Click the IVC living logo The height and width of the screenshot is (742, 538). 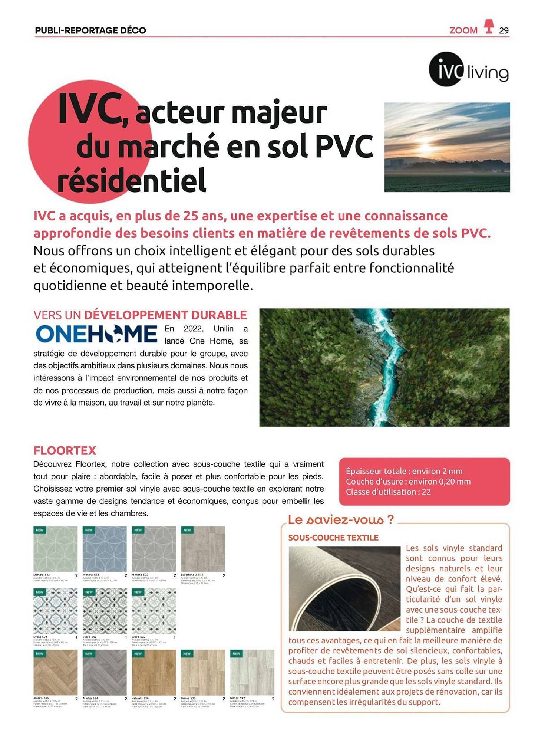(x=468, y=70)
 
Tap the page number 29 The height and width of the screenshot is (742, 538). (x=504, y=30)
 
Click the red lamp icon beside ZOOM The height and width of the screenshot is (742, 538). (x=489, y=26)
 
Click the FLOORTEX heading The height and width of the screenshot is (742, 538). (x=65, y=450)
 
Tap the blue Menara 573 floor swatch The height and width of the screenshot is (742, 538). (x=104, y=549)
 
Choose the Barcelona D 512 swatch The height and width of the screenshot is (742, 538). (x=203, y=549)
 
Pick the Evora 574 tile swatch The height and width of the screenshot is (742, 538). (x=55, y=611)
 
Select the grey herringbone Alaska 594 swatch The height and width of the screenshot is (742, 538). (x=104, y=672)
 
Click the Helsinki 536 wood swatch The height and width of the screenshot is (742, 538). (x=154, y=672)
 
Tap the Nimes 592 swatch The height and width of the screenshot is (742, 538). (x=252, y=672)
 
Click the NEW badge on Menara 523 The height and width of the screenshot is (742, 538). (x=40, y=530)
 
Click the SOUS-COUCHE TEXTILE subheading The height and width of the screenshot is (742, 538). (x=333, y=538)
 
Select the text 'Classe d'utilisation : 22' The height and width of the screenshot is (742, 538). (x=388, y=492)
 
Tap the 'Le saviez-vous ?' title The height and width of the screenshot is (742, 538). (x=340, y=520)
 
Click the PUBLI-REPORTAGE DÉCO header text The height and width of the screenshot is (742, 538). (x=90, y=30)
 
